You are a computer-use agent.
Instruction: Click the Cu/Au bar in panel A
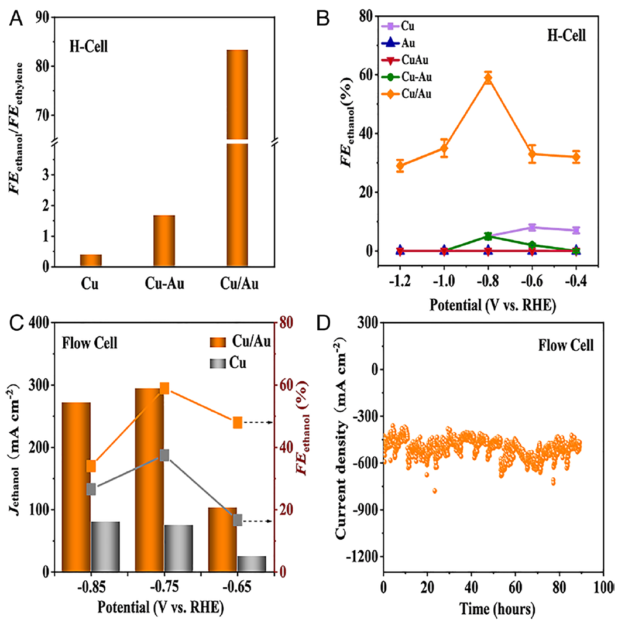coord(237,158)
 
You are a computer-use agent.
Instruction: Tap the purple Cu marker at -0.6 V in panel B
coord(532,227)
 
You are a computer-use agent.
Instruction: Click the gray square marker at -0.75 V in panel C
coord(164,455)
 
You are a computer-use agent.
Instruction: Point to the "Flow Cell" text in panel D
coord(566,345)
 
